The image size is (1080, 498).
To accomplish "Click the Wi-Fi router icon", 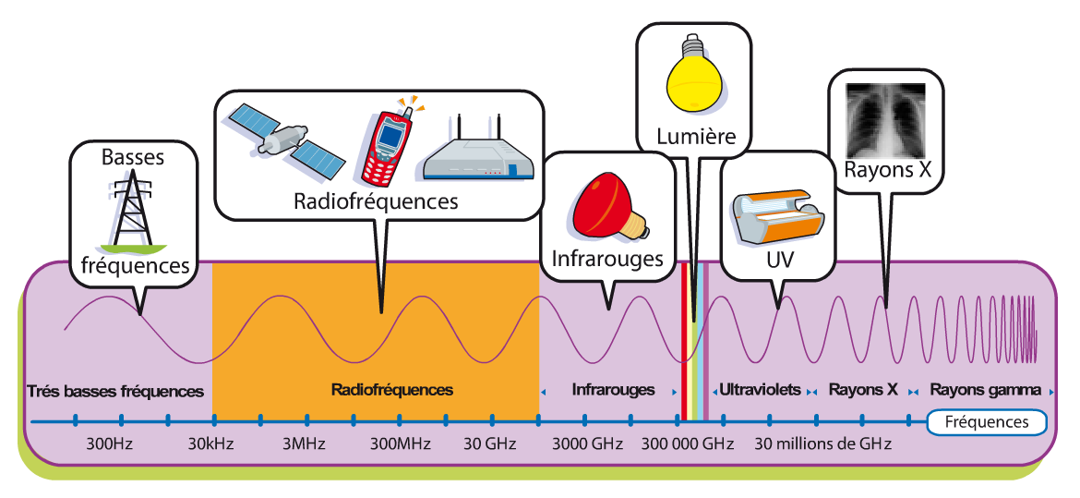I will click(476, 153).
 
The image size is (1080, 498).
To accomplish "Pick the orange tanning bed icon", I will click(777, 219).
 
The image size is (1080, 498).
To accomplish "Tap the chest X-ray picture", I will click(886, 117).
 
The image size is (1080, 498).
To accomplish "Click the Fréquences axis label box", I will click(988, 422).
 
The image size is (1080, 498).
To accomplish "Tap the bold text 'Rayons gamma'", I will click(986, 390).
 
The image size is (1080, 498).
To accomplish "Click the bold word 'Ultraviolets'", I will click(760, 390).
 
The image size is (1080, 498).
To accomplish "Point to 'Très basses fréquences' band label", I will click(116, 391).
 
